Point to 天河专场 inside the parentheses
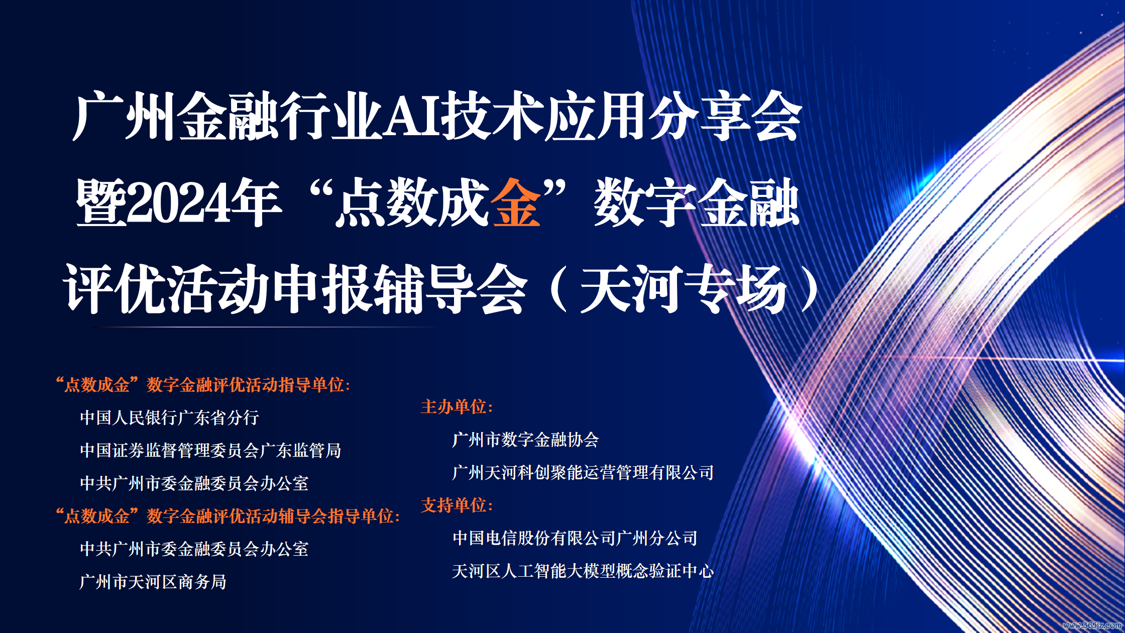coord(684,289)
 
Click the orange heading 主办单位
coord(457,407)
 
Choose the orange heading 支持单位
coord(457,505)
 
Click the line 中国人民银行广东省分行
coord(170,417)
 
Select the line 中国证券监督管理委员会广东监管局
coord(210,450)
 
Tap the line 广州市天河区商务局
coord(153,582)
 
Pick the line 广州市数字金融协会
coord(526,440)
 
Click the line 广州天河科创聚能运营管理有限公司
coord(583,472)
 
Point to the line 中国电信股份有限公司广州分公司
coord(575,538)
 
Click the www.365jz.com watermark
coord(1092,625)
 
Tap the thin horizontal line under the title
coord(265,327)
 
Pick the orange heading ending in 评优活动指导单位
coord(203,385)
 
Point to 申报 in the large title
coord(321,289)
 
